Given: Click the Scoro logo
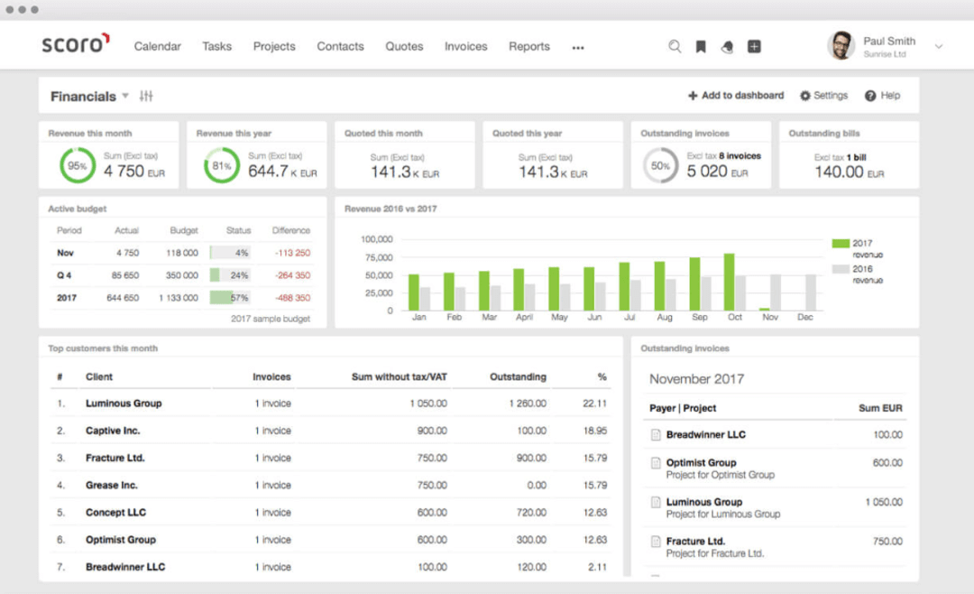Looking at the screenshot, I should (x=76, y=44).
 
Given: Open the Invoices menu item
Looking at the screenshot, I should (x=465, y=46).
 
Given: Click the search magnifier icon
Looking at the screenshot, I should (x=675, y=46).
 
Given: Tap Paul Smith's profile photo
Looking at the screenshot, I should (x=841, y=46).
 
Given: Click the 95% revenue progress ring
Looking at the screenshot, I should (x=78, y=166).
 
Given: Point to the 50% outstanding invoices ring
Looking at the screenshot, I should (x=660, y=166).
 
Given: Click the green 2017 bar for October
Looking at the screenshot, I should (x=729, y=282).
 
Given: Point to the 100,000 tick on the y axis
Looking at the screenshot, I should (x=376, y=239).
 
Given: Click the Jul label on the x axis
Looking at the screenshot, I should (x=629, y=318).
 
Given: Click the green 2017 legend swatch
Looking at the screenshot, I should (x=840, y=244).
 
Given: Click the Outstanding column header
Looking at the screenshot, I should (x=518, y=376).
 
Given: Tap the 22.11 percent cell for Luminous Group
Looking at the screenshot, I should (x=594, y=404).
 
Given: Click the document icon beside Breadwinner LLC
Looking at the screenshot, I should (x=656, y=435).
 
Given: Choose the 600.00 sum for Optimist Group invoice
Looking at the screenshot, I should (x=887, y=463).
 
